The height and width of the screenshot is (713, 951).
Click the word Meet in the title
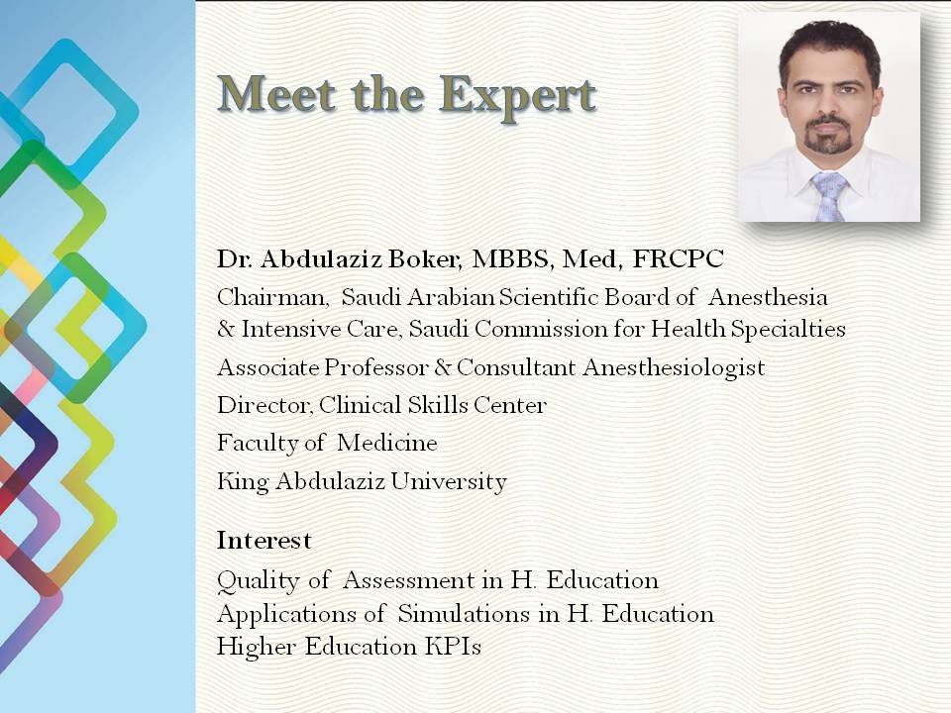tap(277, 93)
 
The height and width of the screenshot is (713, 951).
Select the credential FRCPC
tap(678, 258)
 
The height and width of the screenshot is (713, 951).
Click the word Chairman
tap(272, 297)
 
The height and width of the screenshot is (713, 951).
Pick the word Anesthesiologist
tap(674, 368)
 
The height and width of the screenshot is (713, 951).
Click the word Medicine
tap(387, 443)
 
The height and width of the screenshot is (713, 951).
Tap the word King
tap(243, 482)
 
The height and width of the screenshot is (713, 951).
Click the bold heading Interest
tap(264, 541)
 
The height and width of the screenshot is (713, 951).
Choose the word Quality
tap(259, 581)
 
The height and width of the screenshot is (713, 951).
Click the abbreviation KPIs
tap(453, 647)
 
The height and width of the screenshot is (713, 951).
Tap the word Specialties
tap(788, 330)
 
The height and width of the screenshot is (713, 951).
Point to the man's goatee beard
tap(827, 136)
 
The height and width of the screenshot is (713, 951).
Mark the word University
tap(448, 482)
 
